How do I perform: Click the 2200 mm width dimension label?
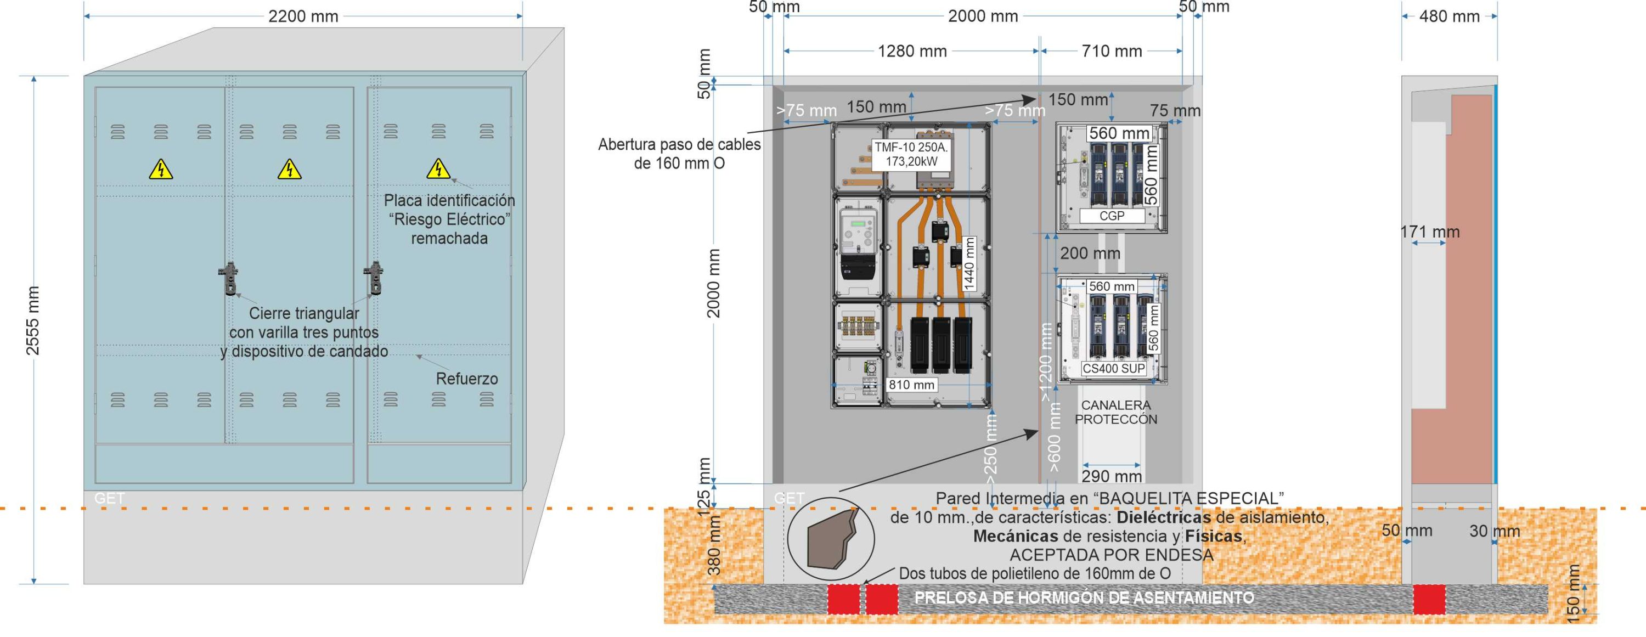303,16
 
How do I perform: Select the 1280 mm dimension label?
912,51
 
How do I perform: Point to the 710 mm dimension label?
1111,51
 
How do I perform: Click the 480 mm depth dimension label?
1449,16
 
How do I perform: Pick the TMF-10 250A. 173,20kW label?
911,155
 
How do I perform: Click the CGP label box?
1112,216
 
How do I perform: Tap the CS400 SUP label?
1113,369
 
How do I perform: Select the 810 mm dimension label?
911,385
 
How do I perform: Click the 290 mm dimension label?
1111,476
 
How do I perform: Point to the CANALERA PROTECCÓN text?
1115,412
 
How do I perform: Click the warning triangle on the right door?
438,170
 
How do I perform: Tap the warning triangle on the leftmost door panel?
161,170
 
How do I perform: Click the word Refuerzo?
466,379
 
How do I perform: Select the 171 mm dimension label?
1430,232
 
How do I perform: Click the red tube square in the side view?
1429,599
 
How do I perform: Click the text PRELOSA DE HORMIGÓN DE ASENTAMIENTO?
1084,598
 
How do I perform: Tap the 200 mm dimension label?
1090,253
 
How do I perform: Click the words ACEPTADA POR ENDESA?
1111,555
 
